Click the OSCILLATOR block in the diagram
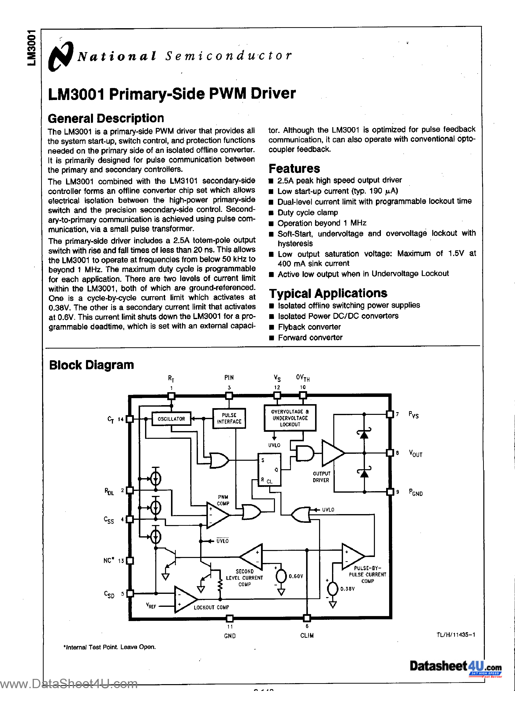click(x=171, y=419)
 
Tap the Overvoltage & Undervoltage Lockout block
click(x=290, y=418)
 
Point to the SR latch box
click(x=269, y=469)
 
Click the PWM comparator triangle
click(x=216, y=515)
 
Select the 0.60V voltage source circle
click(x=281, y=576)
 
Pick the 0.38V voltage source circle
click(x=332, y=589)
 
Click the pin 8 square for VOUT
click(x=390, y=453)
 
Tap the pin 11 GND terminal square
click(x=230, y=618)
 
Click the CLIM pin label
click(x=307, y=636)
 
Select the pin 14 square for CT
click(x=129, y=419)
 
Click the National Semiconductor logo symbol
click(x=60, y=56)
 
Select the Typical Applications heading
click(x=328, y=293)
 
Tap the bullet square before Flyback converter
click(x=271, y=327)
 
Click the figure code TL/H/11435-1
click(x=455, y=635)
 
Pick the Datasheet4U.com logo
click(x=455, y=666)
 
